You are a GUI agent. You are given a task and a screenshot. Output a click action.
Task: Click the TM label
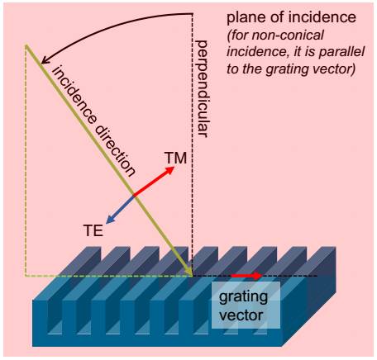[176, 158]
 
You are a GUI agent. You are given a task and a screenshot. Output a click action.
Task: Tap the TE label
[93, 230]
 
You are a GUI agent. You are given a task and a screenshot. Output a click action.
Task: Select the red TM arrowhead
[169, 171]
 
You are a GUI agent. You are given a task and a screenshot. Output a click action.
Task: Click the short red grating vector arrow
[246, 276]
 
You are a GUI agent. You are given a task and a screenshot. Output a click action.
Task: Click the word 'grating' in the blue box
[243, 297]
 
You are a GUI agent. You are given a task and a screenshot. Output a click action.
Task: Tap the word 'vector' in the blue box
[241, 315]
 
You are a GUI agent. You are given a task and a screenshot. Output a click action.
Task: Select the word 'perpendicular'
[203, 88]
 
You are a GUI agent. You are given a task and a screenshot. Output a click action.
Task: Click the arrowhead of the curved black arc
[44, 60]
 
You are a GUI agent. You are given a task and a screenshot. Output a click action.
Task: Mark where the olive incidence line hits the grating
[192, 275]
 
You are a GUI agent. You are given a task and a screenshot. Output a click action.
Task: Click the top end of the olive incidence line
[26, 45]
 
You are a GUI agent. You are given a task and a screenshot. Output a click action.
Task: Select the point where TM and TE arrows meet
[134, 196]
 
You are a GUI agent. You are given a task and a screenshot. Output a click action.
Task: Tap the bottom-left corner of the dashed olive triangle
[26, 275]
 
